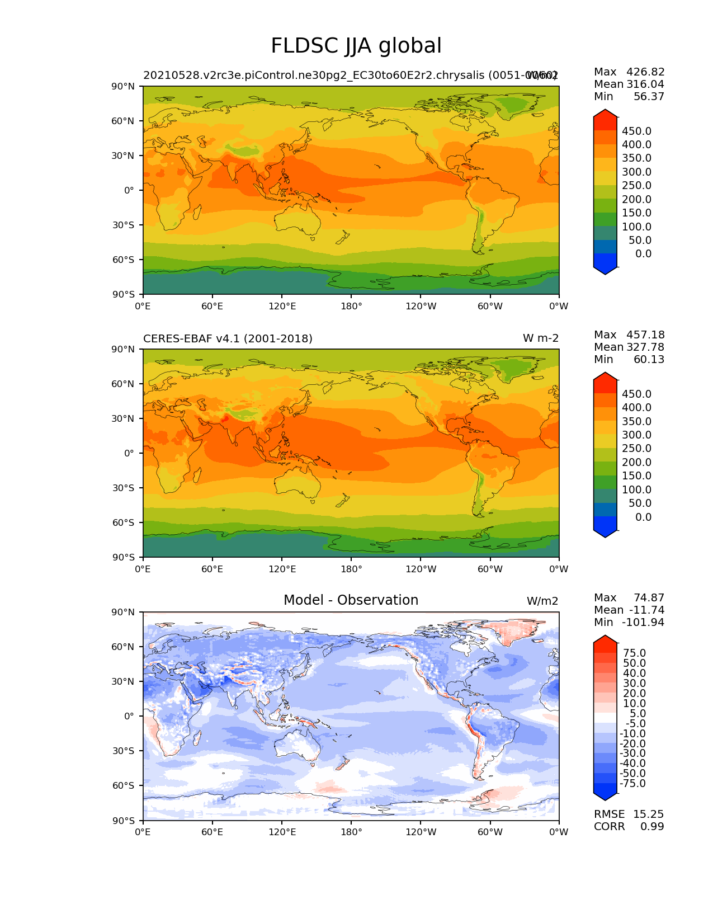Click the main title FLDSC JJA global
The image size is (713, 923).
[356, 46]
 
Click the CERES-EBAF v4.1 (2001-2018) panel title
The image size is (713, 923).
[228, 338]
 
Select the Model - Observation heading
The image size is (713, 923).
[351, 600]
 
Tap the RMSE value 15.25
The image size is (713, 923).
[648, 814]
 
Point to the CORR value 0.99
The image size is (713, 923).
[652, 826]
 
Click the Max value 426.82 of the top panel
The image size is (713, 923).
[645, 72]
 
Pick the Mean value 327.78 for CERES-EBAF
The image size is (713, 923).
[645, 347]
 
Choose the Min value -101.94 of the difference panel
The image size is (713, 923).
[643, 622]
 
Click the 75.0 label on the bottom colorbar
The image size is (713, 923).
[635, 653]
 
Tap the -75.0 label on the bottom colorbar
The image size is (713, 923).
[633, 783]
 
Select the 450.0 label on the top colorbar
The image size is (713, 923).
[637, 131]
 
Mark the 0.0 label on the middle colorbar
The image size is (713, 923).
[643, 517]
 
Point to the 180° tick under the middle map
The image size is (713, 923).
[351, 569]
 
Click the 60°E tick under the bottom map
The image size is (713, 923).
[212, 832]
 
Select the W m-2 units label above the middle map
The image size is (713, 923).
[540, 338]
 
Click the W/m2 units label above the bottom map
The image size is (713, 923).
[542, 601]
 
